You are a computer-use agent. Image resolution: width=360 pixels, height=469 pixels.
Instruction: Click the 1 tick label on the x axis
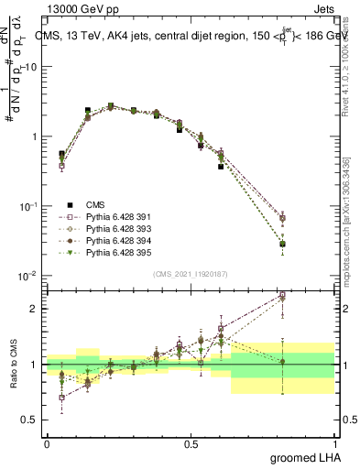[335, 444]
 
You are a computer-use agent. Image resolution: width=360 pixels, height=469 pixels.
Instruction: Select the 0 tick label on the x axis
[47, 444]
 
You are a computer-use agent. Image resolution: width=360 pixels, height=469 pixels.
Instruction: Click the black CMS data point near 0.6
[221, 167]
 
